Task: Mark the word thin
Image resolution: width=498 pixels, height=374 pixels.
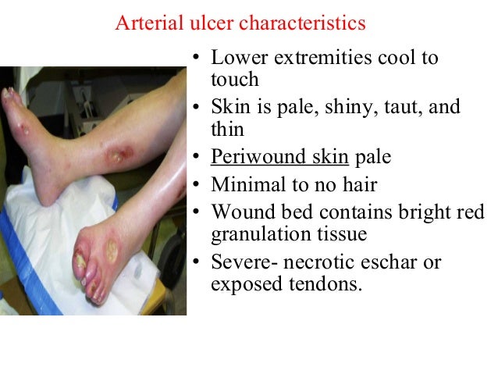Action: coord(227,129)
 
